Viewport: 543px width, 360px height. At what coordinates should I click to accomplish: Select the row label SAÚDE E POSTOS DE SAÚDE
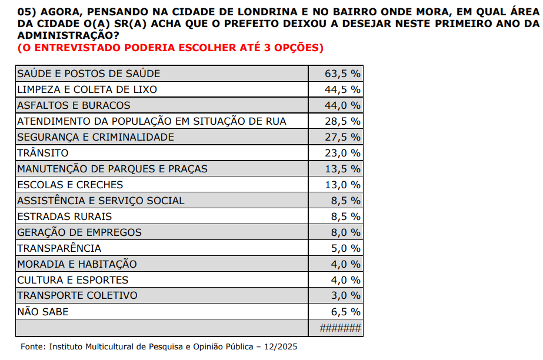click(89, 74)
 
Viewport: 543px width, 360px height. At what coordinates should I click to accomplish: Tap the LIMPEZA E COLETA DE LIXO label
click(87, 89)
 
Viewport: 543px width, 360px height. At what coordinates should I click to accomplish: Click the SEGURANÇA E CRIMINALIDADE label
click(96, 137)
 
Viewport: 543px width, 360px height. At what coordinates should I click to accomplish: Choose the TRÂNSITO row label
click(43, 153)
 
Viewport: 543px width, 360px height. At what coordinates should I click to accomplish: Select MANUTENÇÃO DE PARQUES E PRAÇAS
click(112, 169)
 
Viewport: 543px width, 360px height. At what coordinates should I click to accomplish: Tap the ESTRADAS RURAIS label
click(65, 216)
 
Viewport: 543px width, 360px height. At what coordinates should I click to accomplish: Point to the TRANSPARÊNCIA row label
click(59, 248)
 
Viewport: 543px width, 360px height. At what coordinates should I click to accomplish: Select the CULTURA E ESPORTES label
click(73, 280)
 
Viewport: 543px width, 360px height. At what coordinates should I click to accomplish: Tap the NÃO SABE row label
click(43, 312)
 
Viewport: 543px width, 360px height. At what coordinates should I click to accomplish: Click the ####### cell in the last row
click(340, 328)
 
